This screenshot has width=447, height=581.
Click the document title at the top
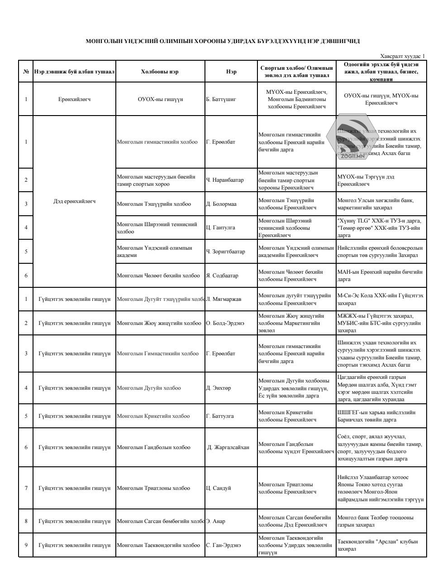click(223, 41)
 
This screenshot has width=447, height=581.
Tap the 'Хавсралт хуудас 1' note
click(403, 56)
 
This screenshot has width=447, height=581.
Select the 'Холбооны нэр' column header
click(160, 72)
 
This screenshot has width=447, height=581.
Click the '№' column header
click(26, 72)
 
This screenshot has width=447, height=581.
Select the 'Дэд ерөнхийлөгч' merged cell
click(74, 201)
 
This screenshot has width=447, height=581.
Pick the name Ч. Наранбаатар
click(225, 180)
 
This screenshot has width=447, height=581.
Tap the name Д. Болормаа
click(221, 204)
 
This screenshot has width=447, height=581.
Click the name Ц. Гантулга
click(221, 228)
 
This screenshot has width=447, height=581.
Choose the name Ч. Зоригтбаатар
click(225, 252)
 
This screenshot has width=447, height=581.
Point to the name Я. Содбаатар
click(222, 276)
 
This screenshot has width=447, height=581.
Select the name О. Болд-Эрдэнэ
click(225, 323)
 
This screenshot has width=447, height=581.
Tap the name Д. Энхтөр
click(219, 388)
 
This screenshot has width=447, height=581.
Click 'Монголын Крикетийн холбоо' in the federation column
click(153, 416)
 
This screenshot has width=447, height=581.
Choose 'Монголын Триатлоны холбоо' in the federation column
click(153, 488)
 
